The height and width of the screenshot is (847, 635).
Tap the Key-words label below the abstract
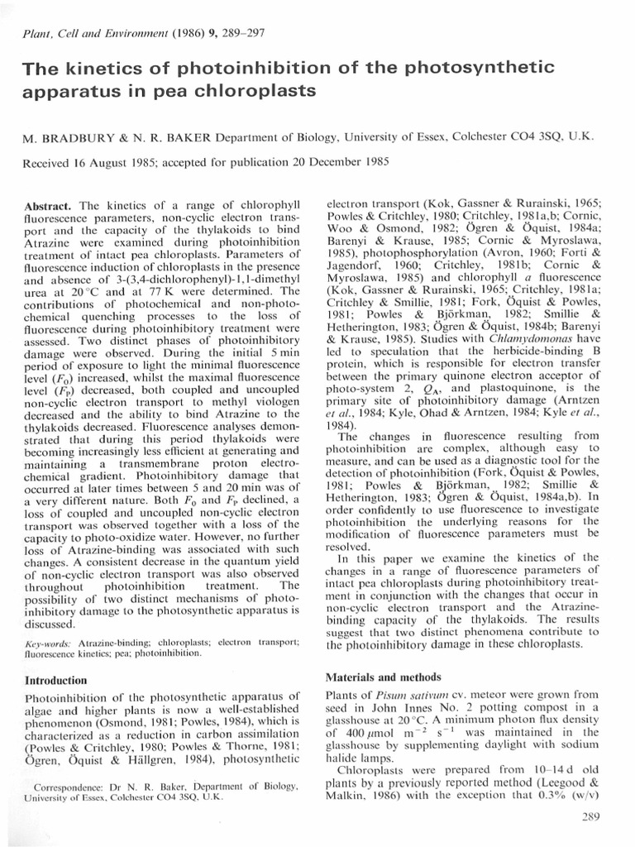[49, 641]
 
